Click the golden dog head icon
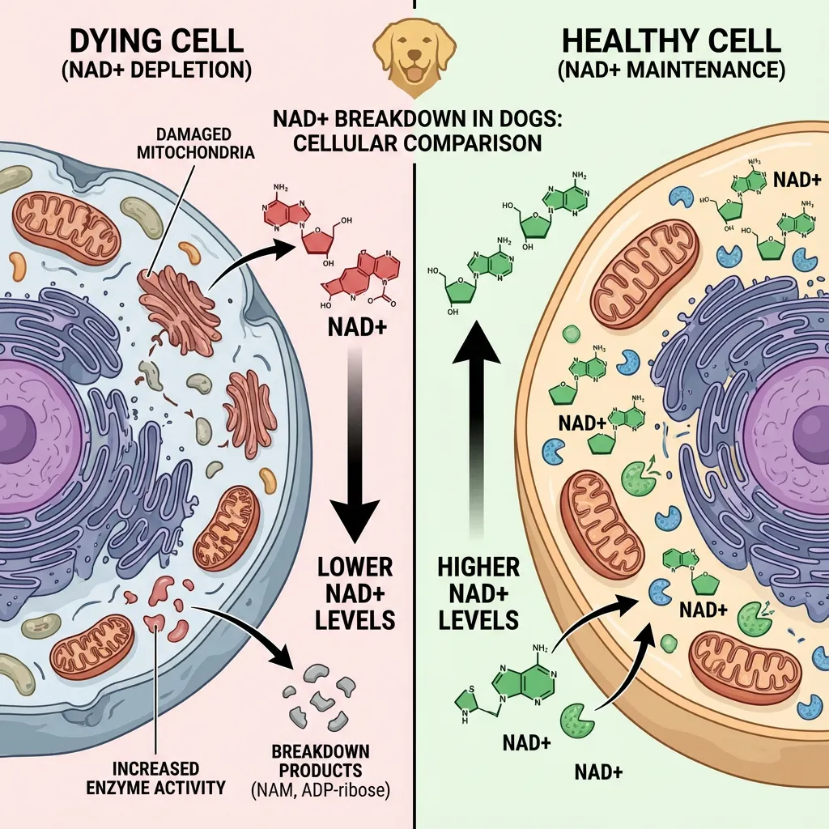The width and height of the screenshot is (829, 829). pos(414,51)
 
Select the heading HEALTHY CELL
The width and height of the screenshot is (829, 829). pos(670,41)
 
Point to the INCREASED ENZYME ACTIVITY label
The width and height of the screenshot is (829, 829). pos(156,776)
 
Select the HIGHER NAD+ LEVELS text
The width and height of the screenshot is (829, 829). pos(478,593)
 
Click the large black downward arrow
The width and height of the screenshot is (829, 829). pos(355,453)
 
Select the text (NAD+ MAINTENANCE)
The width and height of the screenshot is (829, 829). pos(670,70)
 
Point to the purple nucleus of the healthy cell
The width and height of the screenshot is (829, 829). pos(797,425)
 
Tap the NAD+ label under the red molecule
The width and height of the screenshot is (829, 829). pos(354,329)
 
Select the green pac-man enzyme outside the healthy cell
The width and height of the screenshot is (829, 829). pos(576,716)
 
